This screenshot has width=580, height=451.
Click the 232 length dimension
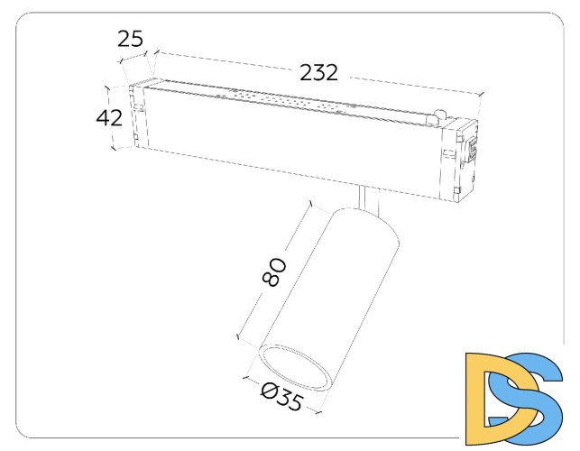tap(319, 73)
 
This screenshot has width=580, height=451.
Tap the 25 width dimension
tap(130, 38)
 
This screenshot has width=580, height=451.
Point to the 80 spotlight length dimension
tap(276, 272)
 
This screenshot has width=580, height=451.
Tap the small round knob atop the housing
tap(439, 116)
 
